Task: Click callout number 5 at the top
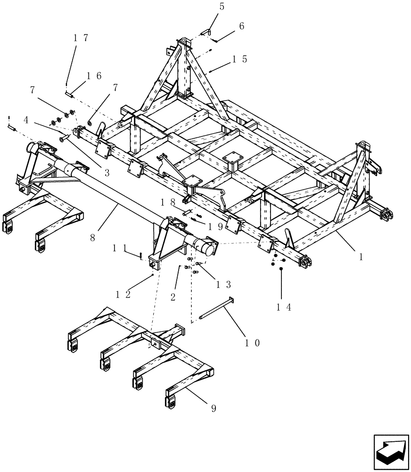(x=222, y=7)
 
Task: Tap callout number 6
(x=241, y=26)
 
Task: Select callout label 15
(x=239, y=59)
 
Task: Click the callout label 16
(x=94, y=76)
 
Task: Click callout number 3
(x=107, y=173)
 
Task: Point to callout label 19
(x=213, y=227)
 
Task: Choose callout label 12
(x=123, y=294)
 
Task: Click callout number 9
(x=214, y=408)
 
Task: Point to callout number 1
(x=361, y=258)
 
